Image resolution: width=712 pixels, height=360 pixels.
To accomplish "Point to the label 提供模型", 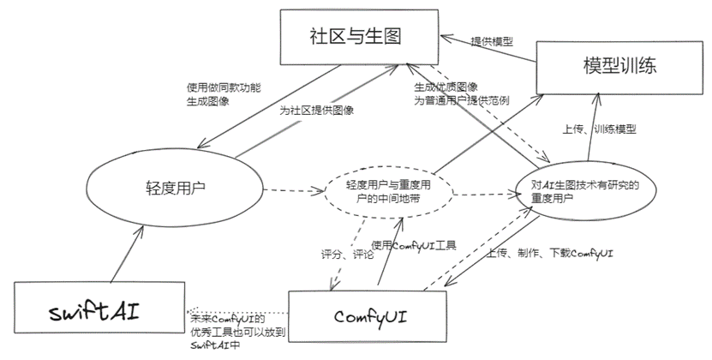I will coord(492,41).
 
